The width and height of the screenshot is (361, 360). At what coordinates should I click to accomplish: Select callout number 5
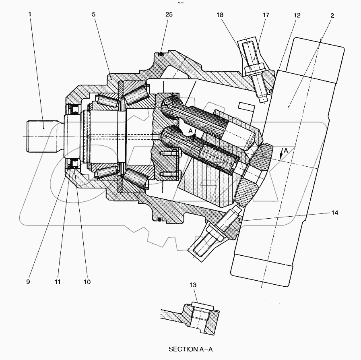pos(93,15)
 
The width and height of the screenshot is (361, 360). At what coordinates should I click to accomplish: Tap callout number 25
pos(169,15)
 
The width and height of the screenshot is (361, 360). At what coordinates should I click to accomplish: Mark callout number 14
pos(334,213)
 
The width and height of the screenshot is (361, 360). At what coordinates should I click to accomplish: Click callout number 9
pos(28,282)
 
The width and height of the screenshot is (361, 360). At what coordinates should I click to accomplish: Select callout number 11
pos(58,282)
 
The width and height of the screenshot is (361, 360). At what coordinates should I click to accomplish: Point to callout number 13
pos(194,285)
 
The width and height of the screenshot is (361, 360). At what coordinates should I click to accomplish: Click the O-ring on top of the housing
pos(161,54)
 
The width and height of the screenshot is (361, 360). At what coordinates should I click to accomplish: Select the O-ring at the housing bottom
pos(160,220)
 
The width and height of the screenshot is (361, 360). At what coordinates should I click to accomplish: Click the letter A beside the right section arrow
pos(285,150)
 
